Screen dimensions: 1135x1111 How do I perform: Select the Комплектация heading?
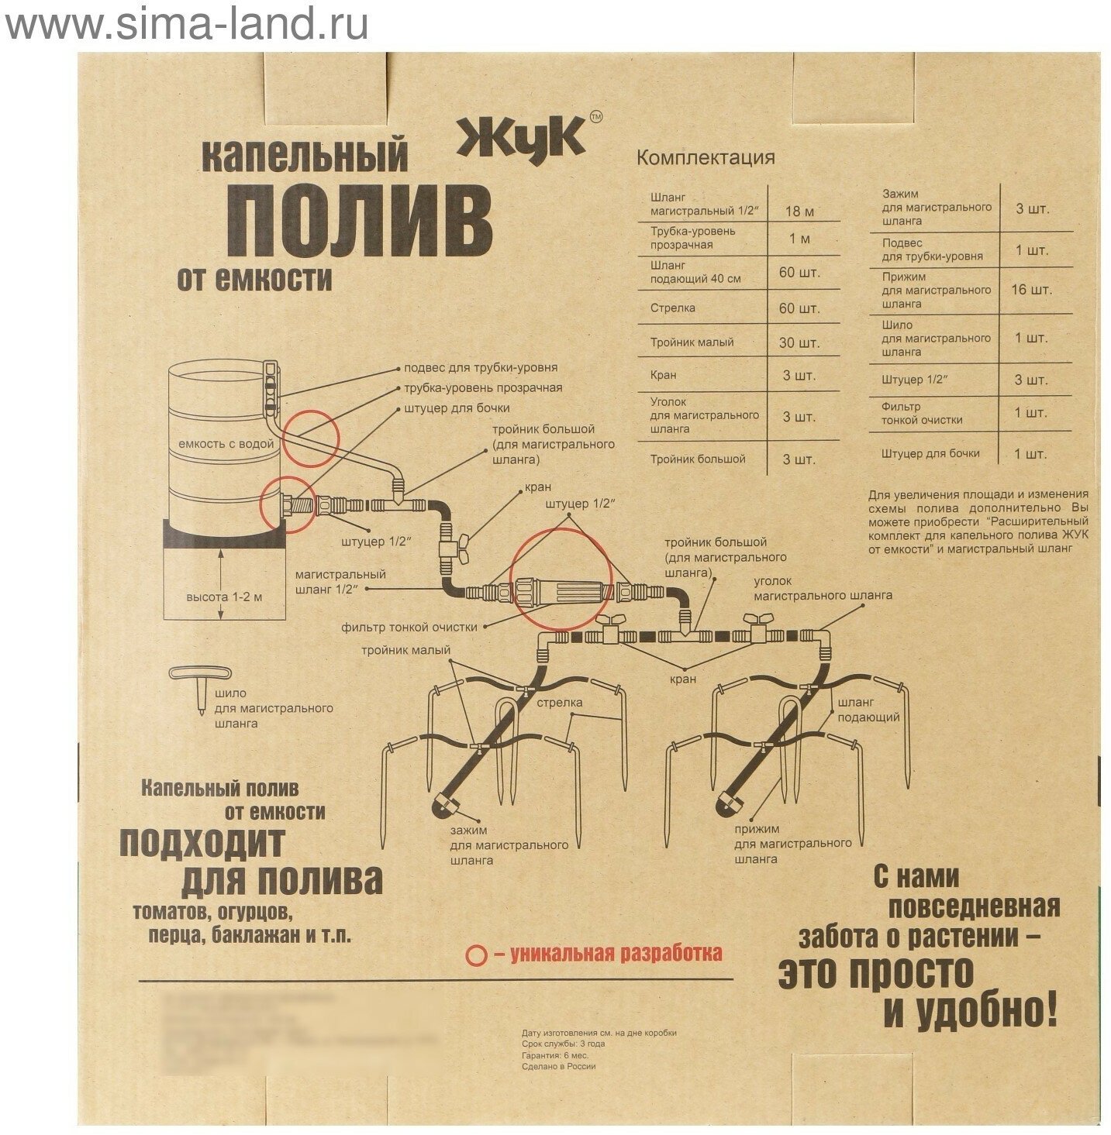pos(705,158)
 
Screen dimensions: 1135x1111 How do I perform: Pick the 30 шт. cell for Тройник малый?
pos(799,342)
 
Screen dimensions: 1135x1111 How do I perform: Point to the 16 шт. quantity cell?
pos(1030,291)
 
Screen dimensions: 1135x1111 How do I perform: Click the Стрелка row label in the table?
pos(672,308)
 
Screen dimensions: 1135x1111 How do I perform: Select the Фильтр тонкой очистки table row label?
pos(921,414)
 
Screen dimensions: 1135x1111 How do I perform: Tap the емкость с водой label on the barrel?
pos(226,444)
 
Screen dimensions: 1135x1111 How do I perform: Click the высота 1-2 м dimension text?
pos(224,597)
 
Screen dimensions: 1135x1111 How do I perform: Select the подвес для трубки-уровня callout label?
pos(480,368)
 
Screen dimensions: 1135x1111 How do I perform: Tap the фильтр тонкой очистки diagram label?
pos(416,627)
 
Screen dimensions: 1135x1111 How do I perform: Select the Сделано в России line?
pos(558,1066)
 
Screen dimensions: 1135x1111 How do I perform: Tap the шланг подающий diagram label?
pos(867,710)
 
